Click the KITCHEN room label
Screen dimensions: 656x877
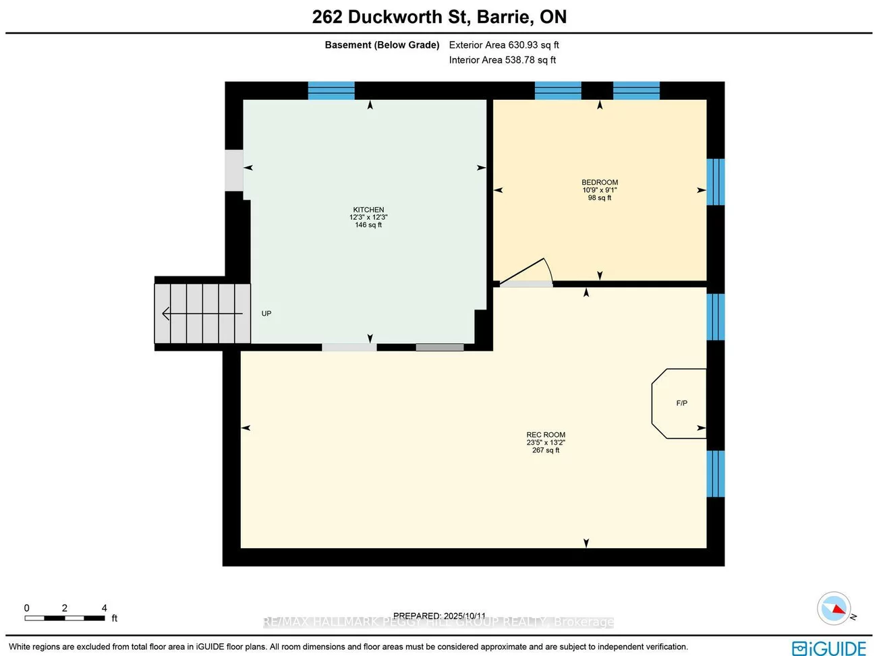(368, 210)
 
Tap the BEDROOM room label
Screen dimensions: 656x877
(600, 182)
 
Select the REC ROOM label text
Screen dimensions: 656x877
(546, 435)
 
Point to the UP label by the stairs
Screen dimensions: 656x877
(266, 314)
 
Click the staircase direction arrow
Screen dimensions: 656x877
(202, 314)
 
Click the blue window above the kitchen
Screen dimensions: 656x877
(331, 90)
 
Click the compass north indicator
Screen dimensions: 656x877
(834, 609)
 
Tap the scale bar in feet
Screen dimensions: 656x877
(65, 618)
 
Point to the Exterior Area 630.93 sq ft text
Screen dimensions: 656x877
(504, 45)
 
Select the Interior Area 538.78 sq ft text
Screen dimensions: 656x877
(503, 60)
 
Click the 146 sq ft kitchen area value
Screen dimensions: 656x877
(368, 225)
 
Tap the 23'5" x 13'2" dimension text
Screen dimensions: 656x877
(546, 443)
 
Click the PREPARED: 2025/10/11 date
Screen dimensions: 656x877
(439, 616)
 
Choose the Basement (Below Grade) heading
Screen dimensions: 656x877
(382, 45)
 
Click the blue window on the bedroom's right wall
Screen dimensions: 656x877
(715, 182)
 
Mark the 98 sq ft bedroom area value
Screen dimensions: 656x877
(600, 198)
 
